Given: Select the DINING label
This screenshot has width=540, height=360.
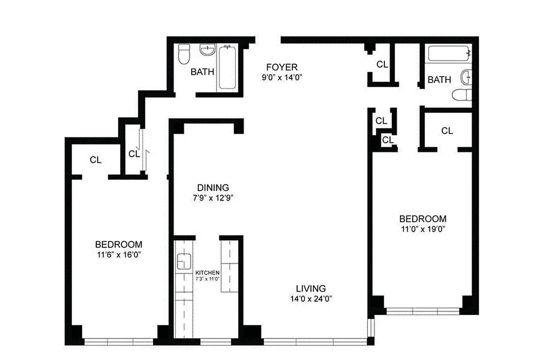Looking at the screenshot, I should coord(213,188).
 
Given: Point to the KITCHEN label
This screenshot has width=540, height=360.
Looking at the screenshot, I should coord(207,273).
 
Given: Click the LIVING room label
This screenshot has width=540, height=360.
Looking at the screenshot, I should coord(310,288).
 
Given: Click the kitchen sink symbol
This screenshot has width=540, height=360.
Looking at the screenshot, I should coord(183,262).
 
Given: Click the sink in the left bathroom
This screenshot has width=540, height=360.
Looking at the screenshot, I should coord(207,50).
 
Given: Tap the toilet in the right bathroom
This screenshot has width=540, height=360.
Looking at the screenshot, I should coord(462,95).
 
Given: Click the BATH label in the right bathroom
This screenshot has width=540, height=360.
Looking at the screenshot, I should coord(439,80).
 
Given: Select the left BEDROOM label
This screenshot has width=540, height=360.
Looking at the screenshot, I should coord(118,244).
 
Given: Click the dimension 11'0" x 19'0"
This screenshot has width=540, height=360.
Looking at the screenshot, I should coord(423,229).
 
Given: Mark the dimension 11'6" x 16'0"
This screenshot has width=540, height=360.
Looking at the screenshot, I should coord(118,254).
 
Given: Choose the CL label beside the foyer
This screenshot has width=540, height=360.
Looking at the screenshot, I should coord(382,64).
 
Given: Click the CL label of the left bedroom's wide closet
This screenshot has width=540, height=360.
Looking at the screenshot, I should coord(95,159).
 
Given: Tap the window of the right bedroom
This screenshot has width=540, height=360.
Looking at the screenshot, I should coord(423,310).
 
